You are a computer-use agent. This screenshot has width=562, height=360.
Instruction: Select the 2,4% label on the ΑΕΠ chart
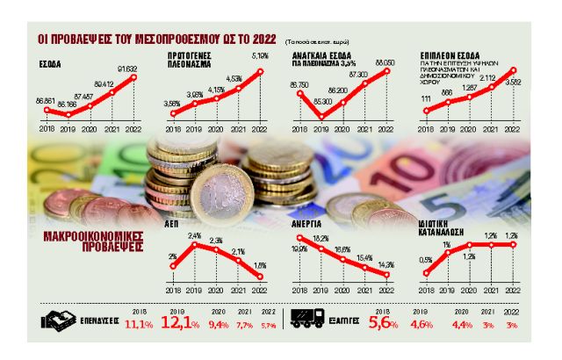pos(196,235)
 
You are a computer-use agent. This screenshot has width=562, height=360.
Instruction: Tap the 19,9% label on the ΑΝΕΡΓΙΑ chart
pos(300,249)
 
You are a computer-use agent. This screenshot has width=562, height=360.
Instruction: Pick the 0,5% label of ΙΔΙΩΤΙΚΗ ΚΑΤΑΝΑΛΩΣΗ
pos(425,259)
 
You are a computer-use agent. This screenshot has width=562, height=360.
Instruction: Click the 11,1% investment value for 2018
pos(139,327)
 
